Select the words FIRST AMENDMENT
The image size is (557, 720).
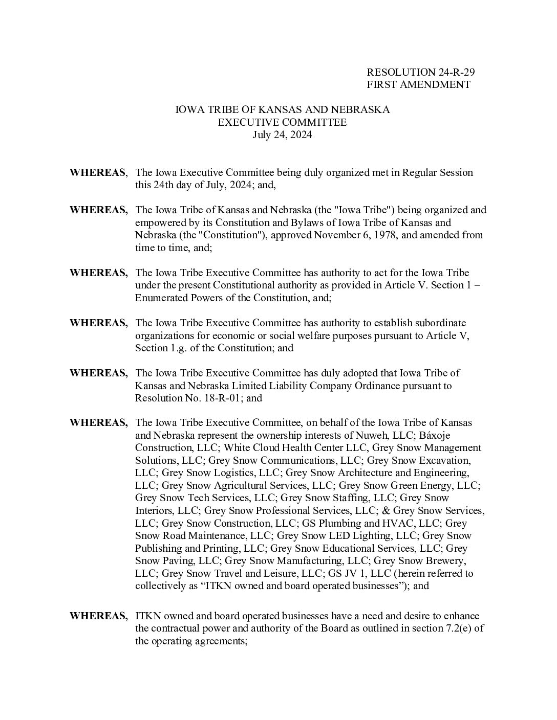(418, 85)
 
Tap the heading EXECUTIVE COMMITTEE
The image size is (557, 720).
(282, 123)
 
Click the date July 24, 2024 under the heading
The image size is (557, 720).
(282, 136)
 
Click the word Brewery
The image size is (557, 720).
(444, 560)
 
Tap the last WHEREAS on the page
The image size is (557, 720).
(98, 616)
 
